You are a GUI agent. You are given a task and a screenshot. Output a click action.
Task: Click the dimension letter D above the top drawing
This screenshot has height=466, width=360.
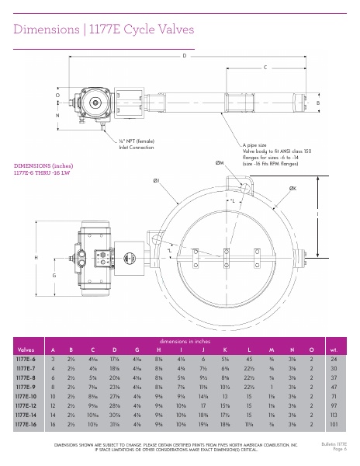184,57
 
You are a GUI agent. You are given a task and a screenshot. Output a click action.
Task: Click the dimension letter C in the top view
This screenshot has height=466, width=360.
265,68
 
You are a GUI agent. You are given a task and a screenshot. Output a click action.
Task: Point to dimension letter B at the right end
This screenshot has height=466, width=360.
317,103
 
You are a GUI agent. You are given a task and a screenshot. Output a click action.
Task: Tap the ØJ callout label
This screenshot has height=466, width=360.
157,180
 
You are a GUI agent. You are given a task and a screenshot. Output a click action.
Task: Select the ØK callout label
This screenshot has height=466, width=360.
292,188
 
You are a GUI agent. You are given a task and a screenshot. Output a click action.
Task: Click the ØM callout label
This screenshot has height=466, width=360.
220,163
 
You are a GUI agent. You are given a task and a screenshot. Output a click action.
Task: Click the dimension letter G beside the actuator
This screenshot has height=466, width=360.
54,276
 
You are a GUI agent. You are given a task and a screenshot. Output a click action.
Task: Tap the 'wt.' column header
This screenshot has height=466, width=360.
334,349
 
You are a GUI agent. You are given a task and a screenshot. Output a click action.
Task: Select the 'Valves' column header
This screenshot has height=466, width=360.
26,349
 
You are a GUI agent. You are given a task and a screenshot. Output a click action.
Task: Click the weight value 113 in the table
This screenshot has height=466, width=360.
334,415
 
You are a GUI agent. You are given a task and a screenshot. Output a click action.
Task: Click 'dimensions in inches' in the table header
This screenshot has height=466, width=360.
183,342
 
